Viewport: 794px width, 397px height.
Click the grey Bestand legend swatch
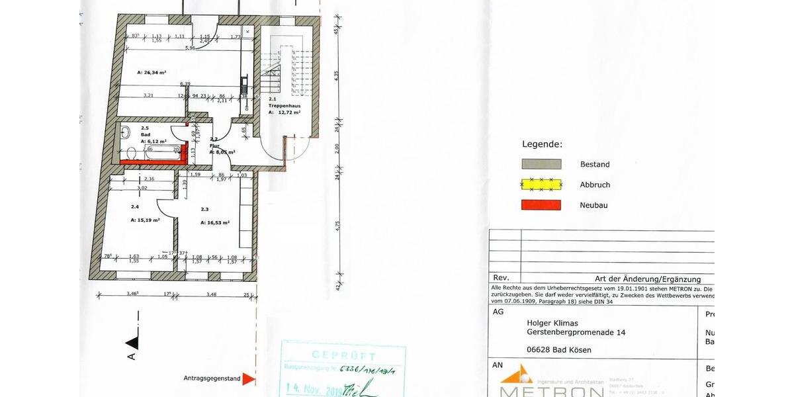(541, 164)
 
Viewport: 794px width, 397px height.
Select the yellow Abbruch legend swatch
(541, 185)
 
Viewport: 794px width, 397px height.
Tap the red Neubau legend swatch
(541, 205)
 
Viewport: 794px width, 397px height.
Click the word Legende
(542, 144)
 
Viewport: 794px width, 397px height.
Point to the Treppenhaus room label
(284, 106)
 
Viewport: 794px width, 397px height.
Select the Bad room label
(146, 134)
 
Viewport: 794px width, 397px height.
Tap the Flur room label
(214, 145)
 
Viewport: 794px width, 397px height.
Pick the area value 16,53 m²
(215, 224)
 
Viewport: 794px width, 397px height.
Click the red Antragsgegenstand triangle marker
(248, 379)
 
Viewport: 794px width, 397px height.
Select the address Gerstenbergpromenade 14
(576, 332)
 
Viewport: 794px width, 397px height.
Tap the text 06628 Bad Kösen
(559, 349)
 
